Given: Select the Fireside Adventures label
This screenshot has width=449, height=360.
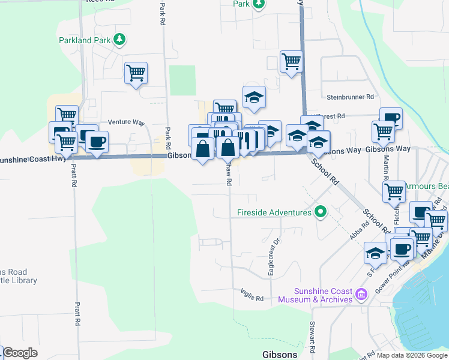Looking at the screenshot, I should (274, 212).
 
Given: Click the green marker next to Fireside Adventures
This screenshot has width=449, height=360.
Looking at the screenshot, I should (320, 212).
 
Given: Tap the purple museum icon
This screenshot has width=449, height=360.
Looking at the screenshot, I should (361, 294).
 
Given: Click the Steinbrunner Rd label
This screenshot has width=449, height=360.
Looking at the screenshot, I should (351, 97).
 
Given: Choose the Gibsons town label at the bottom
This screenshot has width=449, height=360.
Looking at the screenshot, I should (280, 355).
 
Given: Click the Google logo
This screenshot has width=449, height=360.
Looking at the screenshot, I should (19, 353).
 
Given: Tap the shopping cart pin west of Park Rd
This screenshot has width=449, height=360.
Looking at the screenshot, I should (136, 73).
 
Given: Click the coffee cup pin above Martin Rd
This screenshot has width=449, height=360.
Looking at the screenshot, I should (391, 118).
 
